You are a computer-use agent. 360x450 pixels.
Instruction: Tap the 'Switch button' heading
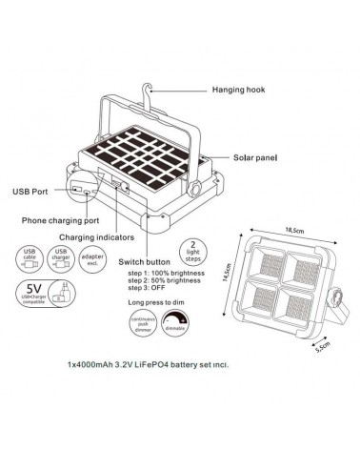click(144, 261)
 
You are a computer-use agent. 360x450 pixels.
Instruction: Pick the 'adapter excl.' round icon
click(91, 259)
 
